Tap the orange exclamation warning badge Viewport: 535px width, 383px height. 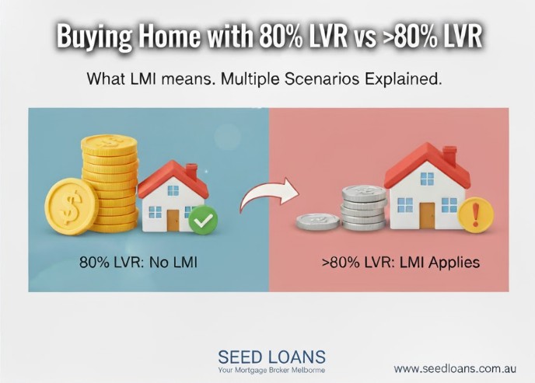477,211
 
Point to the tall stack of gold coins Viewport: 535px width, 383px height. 110,183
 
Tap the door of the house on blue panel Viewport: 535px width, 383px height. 173,220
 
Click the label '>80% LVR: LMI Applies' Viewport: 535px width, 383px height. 401,263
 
